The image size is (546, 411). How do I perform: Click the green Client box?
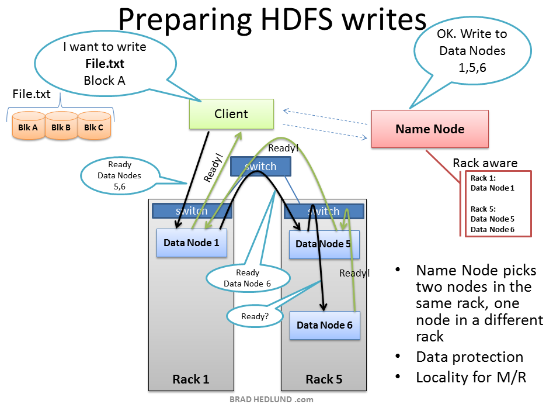point(231,114)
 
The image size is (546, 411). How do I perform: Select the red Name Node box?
point(430,129)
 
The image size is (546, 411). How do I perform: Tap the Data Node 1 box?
point(191,243)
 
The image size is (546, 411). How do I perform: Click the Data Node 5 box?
point(324,244)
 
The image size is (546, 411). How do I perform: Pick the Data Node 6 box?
point(325,325)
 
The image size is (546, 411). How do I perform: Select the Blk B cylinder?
point(61,127)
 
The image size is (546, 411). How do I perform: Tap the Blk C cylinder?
point(94,127)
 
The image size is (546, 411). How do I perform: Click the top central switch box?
point(260,167)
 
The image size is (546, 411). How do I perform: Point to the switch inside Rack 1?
point(192,211)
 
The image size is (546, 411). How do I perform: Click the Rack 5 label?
point(324,379)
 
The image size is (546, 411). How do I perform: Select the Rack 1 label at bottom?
point(190,379)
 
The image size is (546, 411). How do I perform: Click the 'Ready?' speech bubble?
point(255,316)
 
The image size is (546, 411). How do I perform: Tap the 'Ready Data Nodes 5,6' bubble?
point(119,175)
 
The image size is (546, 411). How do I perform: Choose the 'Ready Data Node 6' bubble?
point(247,278)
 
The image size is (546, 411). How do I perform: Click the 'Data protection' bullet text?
point(470,357)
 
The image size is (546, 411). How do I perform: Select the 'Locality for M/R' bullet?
point(471,378)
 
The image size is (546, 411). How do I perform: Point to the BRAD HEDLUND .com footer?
point(271,400)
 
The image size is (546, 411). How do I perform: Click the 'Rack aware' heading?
point(485,163)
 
